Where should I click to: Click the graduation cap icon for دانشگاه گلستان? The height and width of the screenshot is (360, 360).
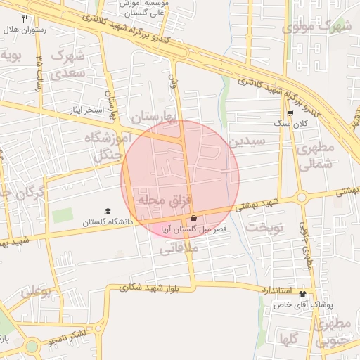click(x=108, y=211)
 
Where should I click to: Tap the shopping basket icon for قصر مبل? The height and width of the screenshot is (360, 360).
click(x=193, y=219)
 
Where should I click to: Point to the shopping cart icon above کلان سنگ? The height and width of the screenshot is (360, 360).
click(x=290, y=112)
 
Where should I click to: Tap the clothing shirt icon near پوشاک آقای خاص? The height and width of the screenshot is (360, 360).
click(x=302, y=294)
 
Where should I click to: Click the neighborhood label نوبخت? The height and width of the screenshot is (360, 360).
click(x=265, y=227)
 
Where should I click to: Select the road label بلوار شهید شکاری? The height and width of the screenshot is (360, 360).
click(x=150, y=288)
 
